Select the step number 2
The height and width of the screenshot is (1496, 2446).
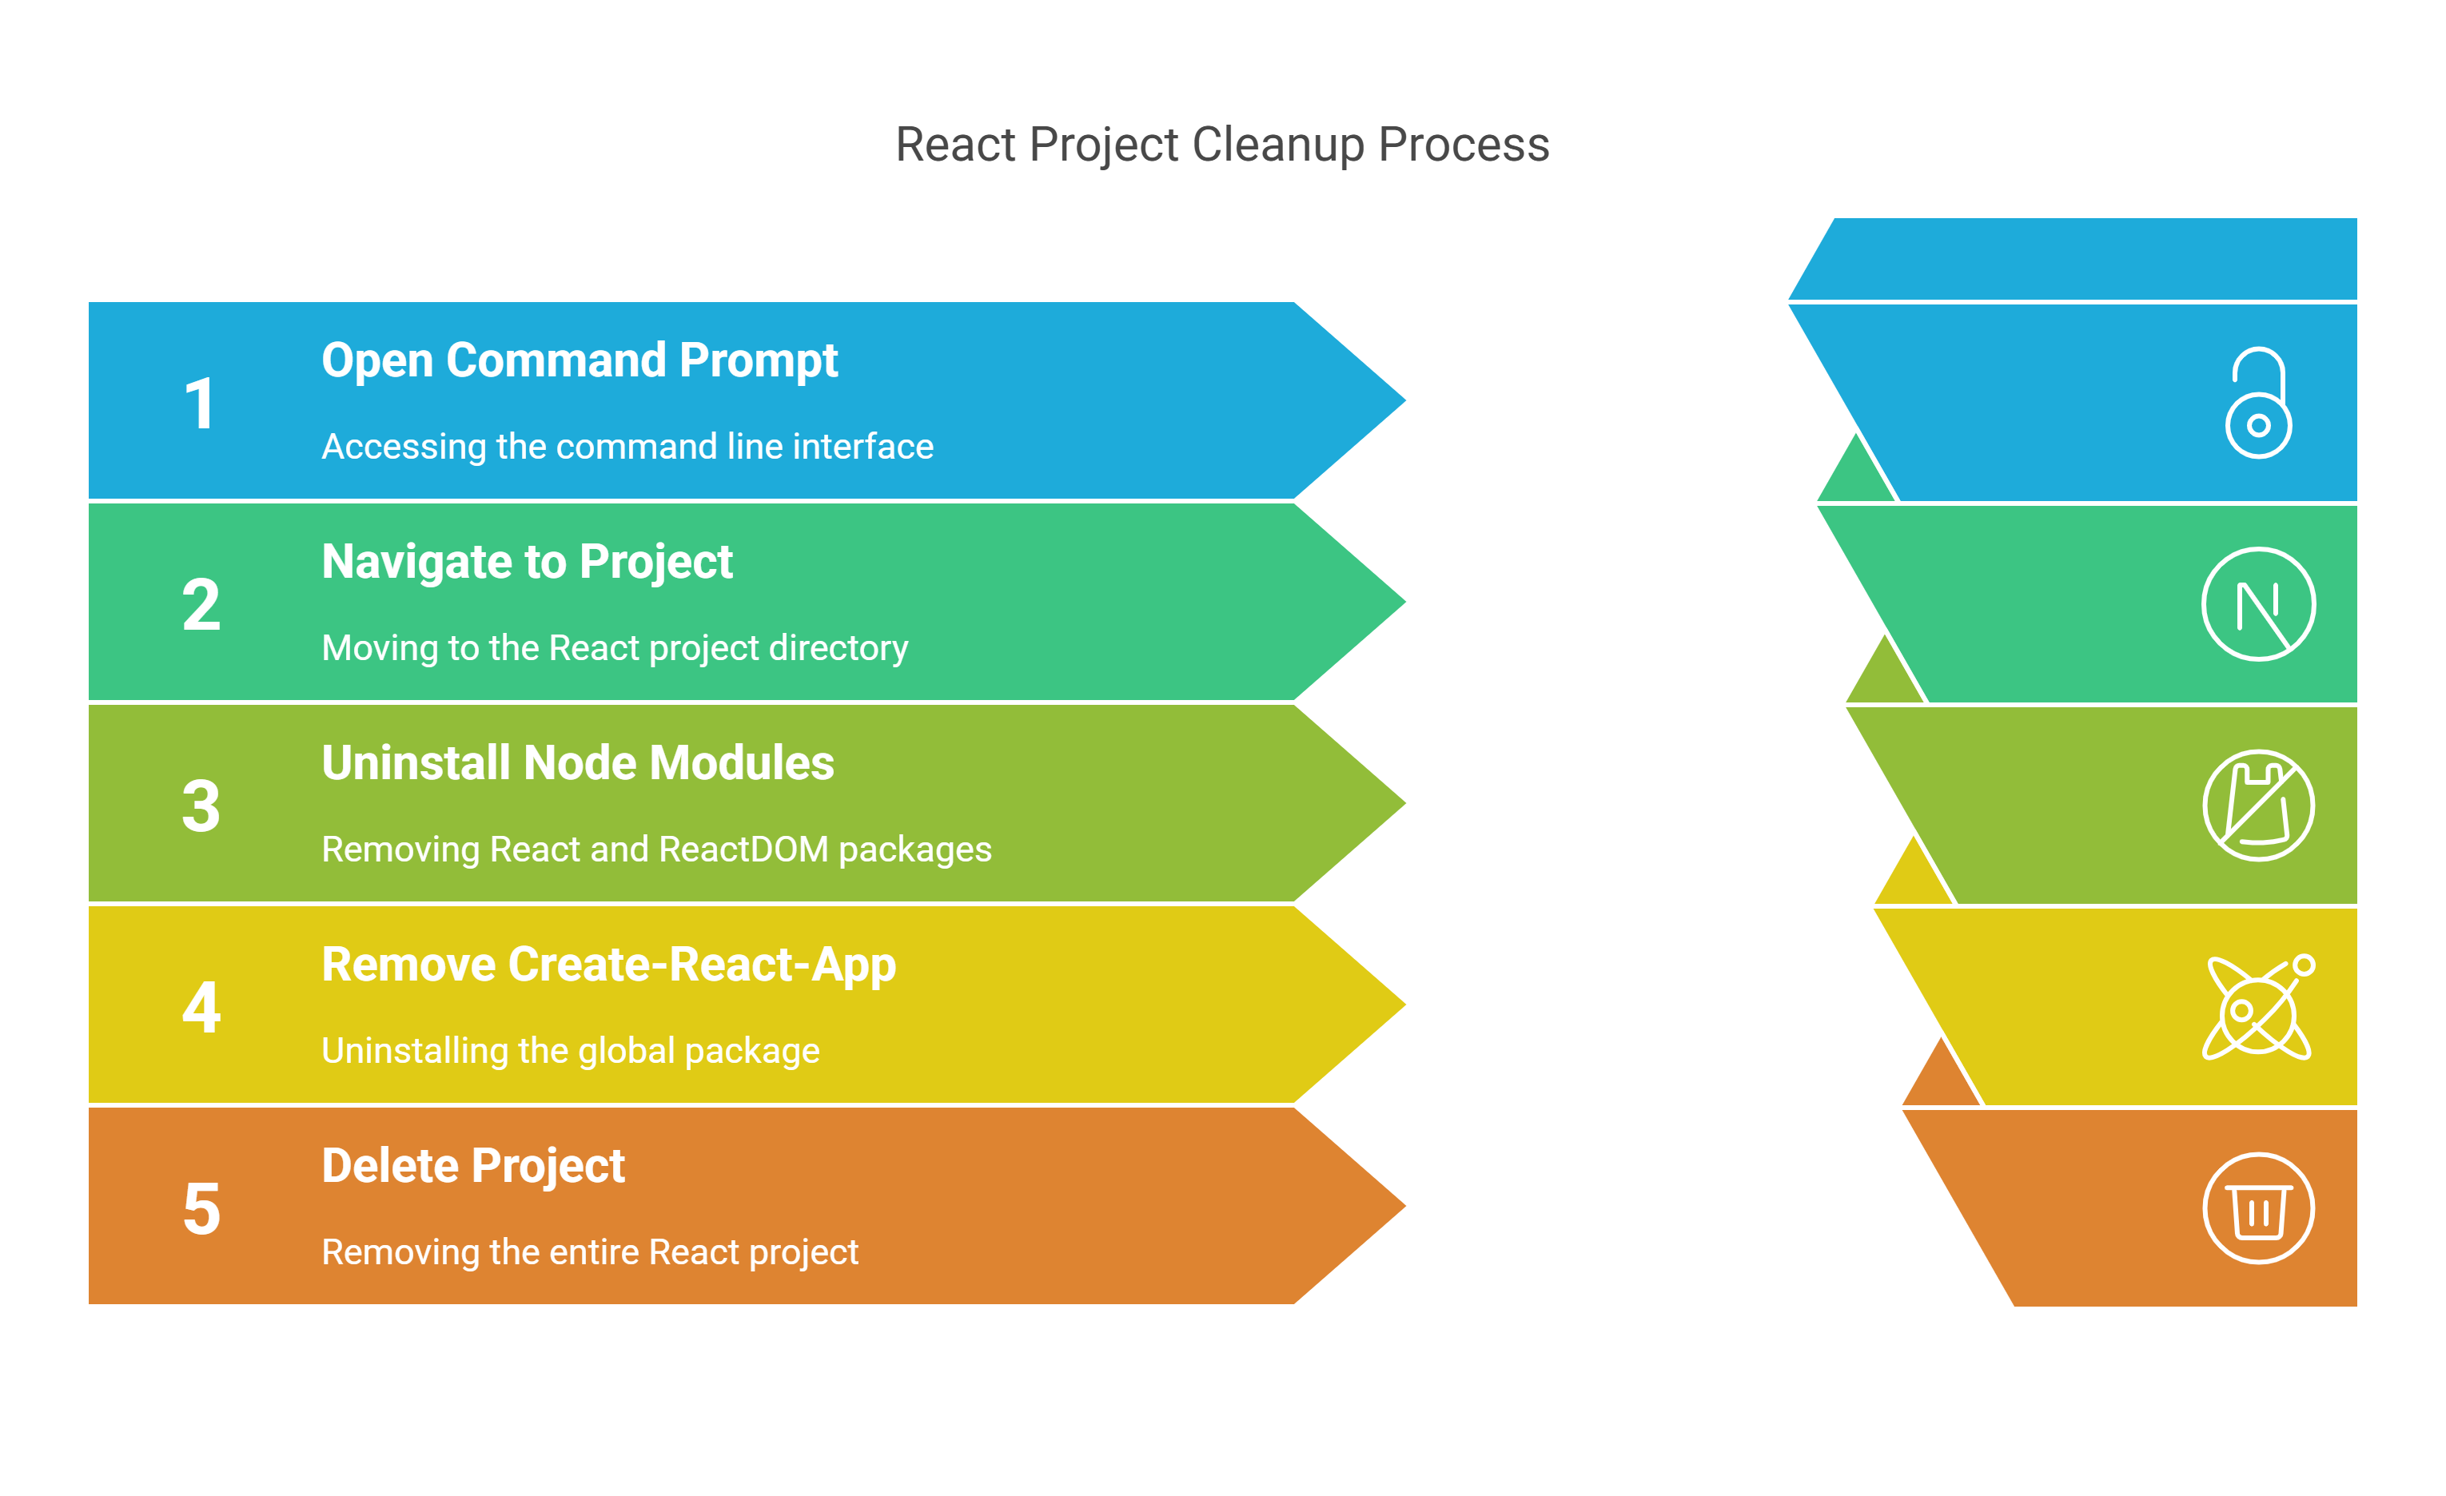pos(201,605)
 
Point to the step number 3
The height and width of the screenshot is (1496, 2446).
pos(201,806)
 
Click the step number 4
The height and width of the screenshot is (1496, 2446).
pos(201,1008)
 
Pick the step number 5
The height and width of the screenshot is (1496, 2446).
pos(201,1209)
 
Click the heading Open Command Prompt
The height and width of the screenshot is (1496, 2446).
pos(580,361)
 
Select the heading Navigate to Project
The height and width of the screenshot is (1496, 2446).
pos(527,563)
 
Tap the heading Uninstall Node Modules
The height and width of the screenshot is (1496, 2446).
pos(578,763)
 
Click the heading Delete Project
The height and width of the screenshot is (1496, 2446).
pos(473,1168)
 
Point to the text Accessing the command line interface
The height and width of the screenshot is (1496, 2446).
pos(627,447)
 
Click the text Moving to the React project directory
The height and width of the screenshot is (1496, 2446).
pos(615,648)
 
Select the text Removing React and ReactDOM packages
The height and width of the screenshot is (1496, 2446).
pos(656,849)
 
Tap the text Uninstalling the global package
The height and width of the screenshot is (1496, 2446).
pos(571,1051)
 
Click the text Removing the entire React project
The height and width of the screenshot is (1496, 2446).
pos(590,1253)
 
